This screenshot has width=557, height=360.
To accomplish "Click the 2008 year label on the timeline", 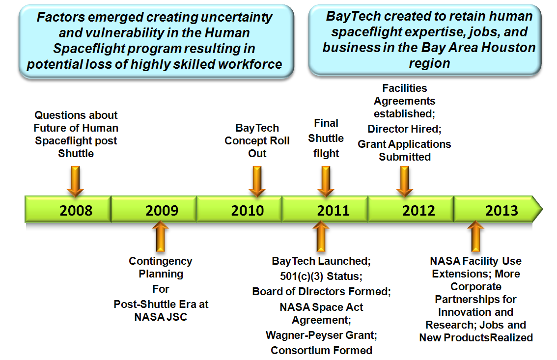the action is [x=76, y=211].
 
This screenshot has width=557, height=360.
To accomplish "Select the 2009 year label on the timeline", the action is [x=162, y=211].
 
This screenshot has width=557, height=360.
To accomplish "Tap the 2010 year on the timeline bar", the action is [x=248, y=211].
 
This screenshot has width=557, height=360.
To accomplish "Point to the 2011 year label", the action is [x=333, y=211].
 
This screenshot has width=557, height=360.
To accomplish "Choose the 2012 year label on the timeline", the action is [x=419, y=211].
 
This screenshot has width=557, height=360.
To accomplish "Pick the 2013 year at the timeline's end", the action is [x=501, y=211].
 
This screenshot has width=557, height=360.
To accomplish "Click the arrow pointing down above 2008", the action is [x=75, y=181].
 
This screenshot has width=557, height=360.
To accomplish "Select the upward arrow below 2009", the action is [x=161, y=236].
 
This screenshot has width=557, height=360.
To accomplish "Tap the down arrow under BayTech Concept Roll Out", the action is [x=257, y=181].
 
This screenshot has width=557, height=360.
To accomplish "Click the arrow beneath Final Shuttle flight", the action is [x=326, y=181].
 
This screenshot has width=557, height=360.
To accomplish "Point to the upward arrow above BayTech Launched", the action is [x=321, y=236].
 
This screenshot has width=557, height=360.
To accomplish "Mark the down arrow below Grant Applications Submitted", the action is [x=405, y=181].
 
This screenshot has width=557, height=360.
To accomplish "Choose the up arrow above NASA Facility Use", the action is [x=475, y=236].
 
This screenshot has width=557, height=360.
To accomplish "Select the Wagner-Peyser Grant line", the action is [x=322, y=335].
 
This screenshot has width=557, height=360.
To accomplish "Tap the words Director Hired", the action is [x=404, y=129].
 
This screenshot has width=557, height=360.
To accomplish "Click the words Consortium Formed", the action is [x=322, y=350].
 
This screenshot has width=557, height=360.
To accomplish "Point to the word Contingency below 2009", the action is [x=161, y=261].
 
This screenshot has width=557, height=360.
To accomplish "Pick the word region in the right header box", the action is [x=429, y=63].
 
